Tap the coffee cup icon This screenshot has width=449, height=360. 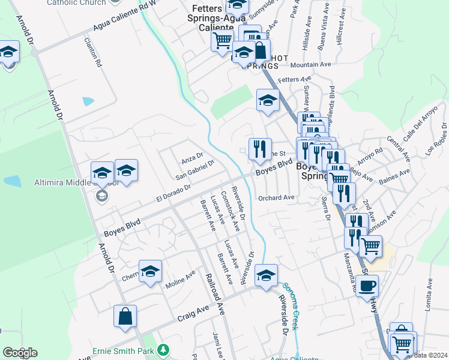coord(367,286)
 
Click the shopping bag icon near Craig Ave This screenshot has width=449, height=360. coord(125,317)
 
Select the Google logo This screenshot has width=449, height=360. coord(20,353)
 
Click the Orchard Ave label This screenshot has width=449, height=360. coord(276,197)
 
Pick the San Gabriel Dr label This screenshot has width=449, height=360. coord(194,169)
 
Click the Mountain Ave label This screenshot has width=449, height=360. coord(310,64)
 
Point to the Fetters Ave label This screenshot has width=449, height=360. coord(295,79)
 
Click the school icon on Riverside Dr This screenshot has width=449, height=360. coord(266,275)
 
